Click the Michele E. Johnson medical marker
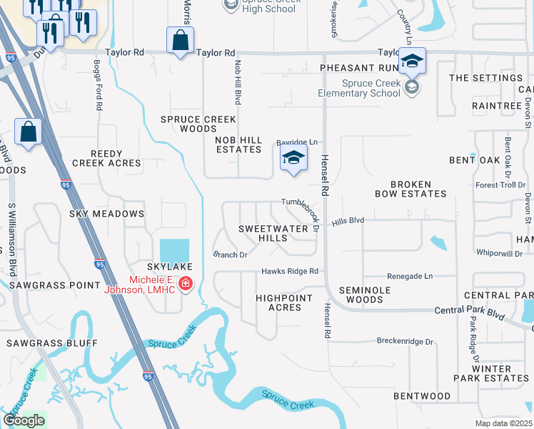[x=186, y=284]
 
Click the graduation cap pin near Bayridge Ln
[x=293, y=159]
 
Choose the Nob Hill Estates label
[x=238, y=144]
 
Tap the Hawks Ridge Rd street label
[x=289, y=272]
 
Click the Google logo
[x=24, y=420]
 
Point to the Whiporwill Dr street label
[x=499, y=253]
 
